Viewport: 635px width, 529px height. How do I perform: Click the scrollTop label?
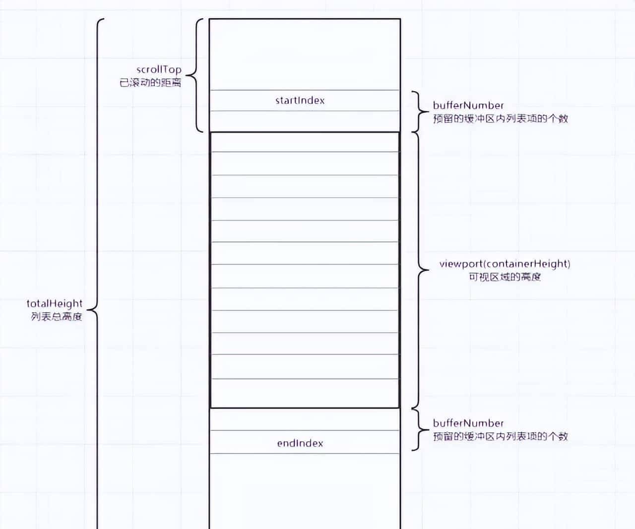pos(159,70)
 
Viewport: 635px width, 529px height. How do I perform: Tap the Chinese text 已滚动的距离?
pos(150,83)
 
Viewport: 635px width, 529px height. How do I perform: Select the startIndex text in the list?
pos(300,100)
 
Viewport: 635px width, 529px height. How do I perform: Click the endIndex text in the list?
pos(300,443)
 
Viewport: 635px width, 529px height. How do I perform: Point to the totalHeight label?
pos(55,303)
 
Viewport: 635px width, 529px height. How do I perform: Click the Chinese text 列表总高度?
pos(57,316)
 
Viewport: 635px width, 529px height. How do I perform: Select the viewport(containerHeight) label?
pos(505,264)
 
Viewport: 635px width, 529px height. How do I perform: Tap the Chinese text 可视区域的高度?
pos(505,277)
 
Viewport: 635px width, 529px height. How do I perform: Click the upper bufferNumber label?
pos(468,105)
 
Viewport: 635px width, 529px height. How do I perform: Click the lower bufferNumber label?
pos(468,423)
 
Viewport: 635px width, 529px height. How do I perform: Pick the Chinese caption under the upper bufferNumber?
pos(500,118)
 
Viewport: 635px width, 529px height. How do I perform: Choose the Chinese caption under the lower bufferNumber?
pos(500,436)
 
